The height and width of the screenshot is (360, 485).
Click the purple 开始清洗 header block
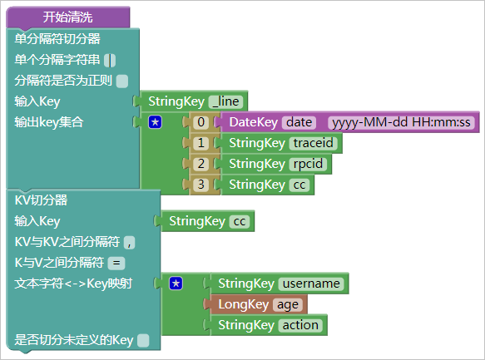(67, 17)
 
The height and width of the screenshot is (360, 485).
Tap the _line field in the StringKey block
(225, 101)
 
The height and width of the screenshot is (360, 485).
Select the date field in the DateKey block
(299, 122)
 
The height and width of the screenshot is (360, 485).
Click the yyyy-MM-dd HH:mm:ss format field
(401, 122)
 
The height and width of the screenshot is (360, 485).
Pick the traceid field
(314, 143)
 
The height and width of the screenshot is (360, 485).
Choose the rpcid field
(308, 164)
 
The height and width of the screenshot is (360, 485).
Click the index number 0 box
(201, 122)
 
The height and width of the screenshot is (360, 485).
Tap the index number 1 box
(201, 143)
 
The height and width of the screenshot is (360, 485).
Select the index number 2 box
(201, 164)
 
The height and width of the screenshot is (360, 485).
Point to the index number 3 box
(201, 185)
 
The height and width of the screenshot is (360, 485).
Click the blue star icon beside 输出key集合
(155, 122)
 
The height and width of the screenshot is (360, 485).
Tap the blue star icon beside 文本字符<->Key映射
(176, 284)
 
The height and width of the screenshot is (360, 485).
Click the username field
(311, 284)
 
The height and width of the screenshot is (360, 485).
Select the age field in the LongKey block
(288, 304)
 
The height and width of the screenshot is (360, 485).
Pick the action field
(300, 325)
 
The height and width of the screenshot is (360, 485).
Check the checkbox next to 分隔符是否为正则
(121, 81)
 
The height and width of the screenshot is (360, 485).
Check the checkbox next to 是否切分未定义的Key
(143, 341)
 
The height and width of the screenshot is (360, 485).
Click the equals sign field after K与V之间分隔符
(116, 264)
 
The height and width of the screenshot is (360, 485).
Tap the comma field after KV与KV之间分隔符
(129, 243)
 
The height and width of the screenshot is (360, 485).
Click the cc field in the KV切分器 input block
(240, 221)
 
